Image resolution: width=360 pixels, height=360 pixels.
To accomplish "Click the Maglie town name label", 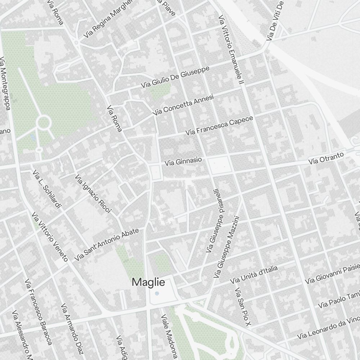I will pyautogui.click(x=148, y=282).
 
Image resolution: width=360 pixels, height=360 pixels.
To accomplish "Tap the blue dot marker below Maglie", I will pyautogui.click(x=157, y=294).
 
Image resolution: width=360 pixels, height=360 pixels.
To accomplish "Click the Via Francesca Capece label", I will pyautogui.click(x=220, y=126).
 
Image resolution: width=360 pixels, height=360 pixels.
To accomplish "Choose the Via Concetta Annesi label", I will pyautogui.click(x=183, y=105).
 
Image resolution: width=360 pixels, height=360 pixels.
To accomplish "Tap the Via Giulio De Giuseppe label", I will pyautogui.click(x=175, y=77).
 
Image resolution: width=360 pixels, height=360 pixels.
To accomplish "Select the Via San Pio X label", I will pyautogui.click(x=242, y=307).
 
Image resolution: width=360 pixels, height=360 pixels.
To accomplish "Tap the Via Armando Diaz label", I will pyautogui.click(x=72, y=324).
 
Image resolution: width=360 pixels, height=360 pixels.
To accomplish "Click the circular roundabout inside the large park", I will pyautogui.click(x=44, y=123).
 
